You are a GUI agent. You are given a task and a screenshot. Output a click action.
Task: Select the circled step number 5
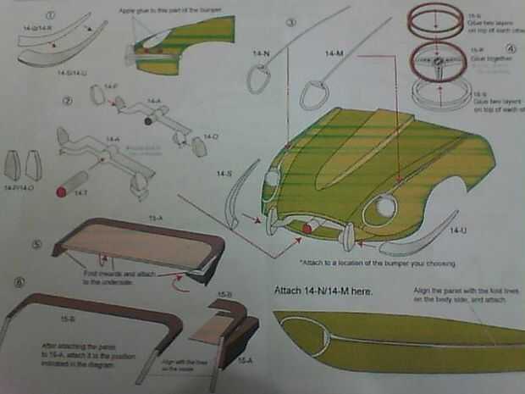tap(36, 245)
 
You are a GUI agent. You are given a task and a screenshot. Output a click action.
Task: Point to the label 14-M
tap(335, 53)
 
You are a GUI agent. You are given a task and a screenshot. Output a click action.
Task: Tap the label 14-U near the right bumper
tap(458, 230)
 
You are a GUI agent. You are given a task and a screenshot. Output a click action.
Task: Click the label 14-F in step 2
tap(111, 86)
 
